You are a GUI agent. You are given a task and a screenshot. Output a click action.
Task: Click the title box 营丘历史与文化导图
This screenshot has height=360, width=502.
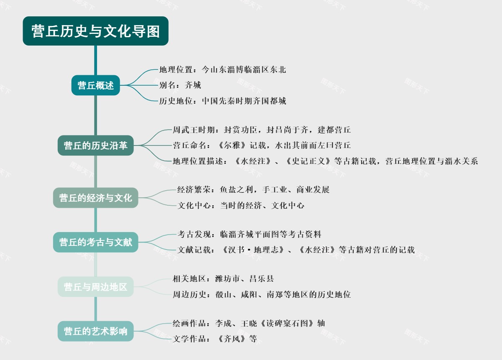click(95, 31)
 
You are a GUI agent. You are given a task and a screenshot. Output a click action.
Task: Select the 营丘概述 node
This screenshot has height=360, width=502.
click(95, 85)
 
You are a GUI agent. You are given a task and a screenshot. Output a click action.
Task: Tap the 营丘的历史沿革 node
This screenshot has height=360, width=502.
click(95, 146)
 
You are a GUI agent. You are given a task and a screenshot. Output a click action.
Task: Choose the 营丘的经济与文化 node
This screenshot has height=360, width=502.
click(95, 198)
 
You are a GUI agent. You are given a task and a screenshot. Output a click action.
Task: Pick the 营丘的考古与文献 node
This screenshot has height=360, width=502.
click(95, 242)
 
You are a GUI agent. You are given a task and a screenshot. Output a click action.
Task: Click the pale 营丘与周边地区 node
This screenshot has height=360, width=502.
click(95, 287)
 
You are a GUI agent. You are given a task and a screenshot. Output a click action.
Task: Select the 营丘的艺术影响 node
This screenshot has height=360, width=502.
click(95, 331)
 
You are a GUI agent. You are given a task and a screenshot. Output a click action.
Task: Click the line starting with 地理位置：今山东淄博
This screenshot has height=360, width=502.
click(223, 69)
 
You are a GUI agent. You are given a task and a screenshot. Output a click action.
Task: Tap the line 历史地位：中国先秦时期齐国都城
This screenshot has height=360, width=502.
click(223, 101)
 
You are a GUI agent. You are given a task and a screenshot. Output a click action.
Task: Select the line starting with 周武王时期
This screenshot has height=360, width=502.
click(261, 130)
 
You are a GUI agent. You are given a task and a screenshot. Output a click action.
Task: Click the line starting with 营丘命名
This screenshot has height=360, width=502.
click(261, 146)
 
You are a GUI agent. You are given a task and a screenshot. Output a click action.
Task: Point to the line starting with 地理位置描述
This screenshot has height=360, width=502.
click(325, 161)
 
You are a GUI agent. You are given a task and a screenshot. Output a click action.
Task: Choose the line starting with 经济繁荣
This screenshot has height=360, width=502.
click(254, 190)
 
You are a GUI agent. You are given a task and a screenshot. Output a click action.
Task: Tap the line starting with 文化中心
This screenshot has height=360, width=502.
click(241, 205)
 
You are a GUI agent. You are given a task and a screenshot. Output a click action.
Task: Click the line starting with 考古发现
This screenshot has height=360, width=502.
click(249, 234)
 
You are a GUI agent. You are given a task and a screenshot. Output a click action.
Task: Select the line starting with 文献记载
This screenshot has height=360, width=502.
click(296, 250)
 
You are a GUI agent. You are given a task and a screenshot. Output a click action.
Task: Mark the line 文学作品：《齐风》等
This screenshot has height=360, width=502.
click(215, 339)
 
